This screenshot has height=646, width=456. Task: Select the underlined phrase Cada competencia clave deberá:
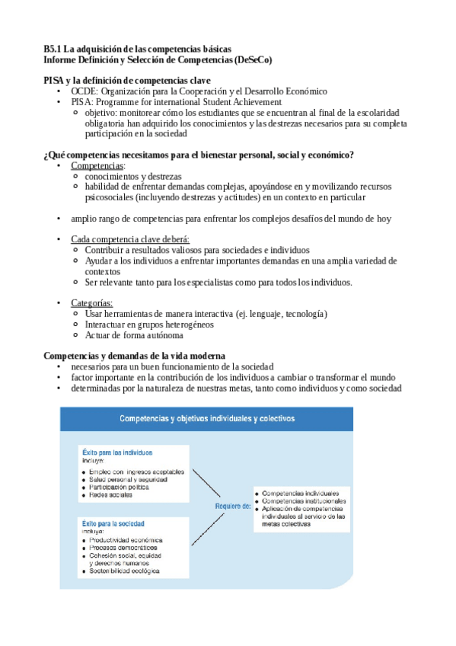(126, 239)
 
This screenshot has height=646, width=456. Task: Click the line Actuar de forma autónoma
(134, 335)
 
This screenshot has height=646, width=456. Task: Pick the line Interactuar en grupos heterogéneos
(149, 325)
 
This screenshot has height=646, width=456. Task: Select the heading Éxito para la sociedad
(112, 524)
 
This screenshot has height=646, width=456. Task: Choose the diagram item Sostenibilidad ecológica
(124, 570)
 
